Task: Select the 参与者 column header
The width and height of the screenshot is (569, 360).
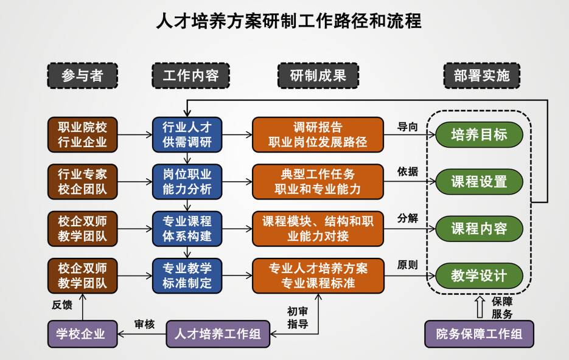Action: (82, 75)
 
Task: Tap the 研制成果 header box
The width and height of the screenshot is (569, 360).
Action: (318, 75)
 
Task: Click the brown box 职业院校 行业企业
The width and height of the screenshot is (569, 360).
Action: (82, 134)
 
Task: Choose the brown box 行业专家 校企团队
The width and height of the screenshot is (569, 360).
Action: (82, 181)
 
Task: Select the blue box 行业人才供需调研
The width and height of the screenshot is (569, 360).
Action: (187, 134)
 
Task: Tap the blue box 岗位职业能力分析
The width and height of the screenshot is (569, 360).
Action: (187, 181)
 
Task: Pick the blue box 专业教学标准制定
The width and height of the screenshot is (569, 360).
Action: (187, 275)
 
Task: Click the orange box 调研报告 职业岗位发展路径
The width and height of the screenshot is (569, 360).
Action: (318, 134)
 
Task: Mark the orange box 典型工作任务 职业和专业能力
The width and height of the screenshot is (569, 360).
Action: (318, 181)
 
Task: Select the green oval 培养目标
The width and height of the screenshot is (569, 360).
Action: (479, 134)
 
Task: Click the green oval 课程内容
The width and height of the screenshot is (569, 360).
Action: (479, 229)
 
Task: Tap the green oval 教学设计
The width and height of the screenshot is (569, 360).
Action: (479, 275)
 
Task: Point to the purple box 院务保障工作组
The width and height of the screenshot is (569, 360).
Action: (479, 334)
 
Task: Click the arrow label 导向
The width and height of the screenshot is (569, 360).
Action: (408, 126)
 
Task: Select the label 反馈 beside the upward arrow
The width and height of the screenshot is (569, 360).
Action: (62, 304)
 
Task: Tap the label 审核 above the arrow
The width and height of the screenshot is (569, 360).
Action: (144, 324)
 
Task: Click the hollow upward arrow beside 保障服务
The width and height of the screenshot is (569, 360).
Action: (480, 307)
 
